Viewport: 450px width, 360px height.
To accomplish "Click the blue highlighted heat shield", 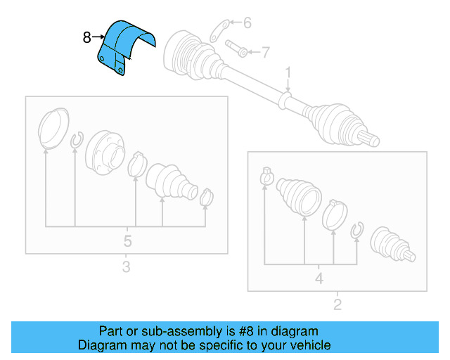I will pos(124,46).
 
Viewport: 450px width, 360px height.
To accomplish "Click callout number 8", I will pos(87,37).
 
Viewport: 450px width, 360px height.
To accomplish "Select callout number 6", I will pos(247,23).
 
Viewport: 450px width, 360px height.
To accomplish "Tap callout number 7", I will pos(265,51).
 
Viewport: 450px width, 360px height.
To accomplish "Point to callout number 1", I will pos(288,72).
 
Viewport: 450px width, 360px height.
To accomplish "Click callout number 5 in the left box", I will pos(127,241).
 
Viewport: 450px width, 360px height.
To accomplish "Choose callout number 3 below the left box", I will pos(126,266).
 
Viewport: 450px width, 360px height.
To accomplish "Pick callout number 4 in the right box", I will pos(319,278).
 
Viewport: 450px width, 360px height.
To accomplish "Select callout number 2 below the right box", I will pos(337,304).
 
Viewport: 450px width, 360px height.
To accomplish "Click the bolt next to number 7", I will pos(237,50).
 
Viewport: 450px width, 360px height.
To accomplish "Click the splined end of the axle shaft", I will pos(371,139).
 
